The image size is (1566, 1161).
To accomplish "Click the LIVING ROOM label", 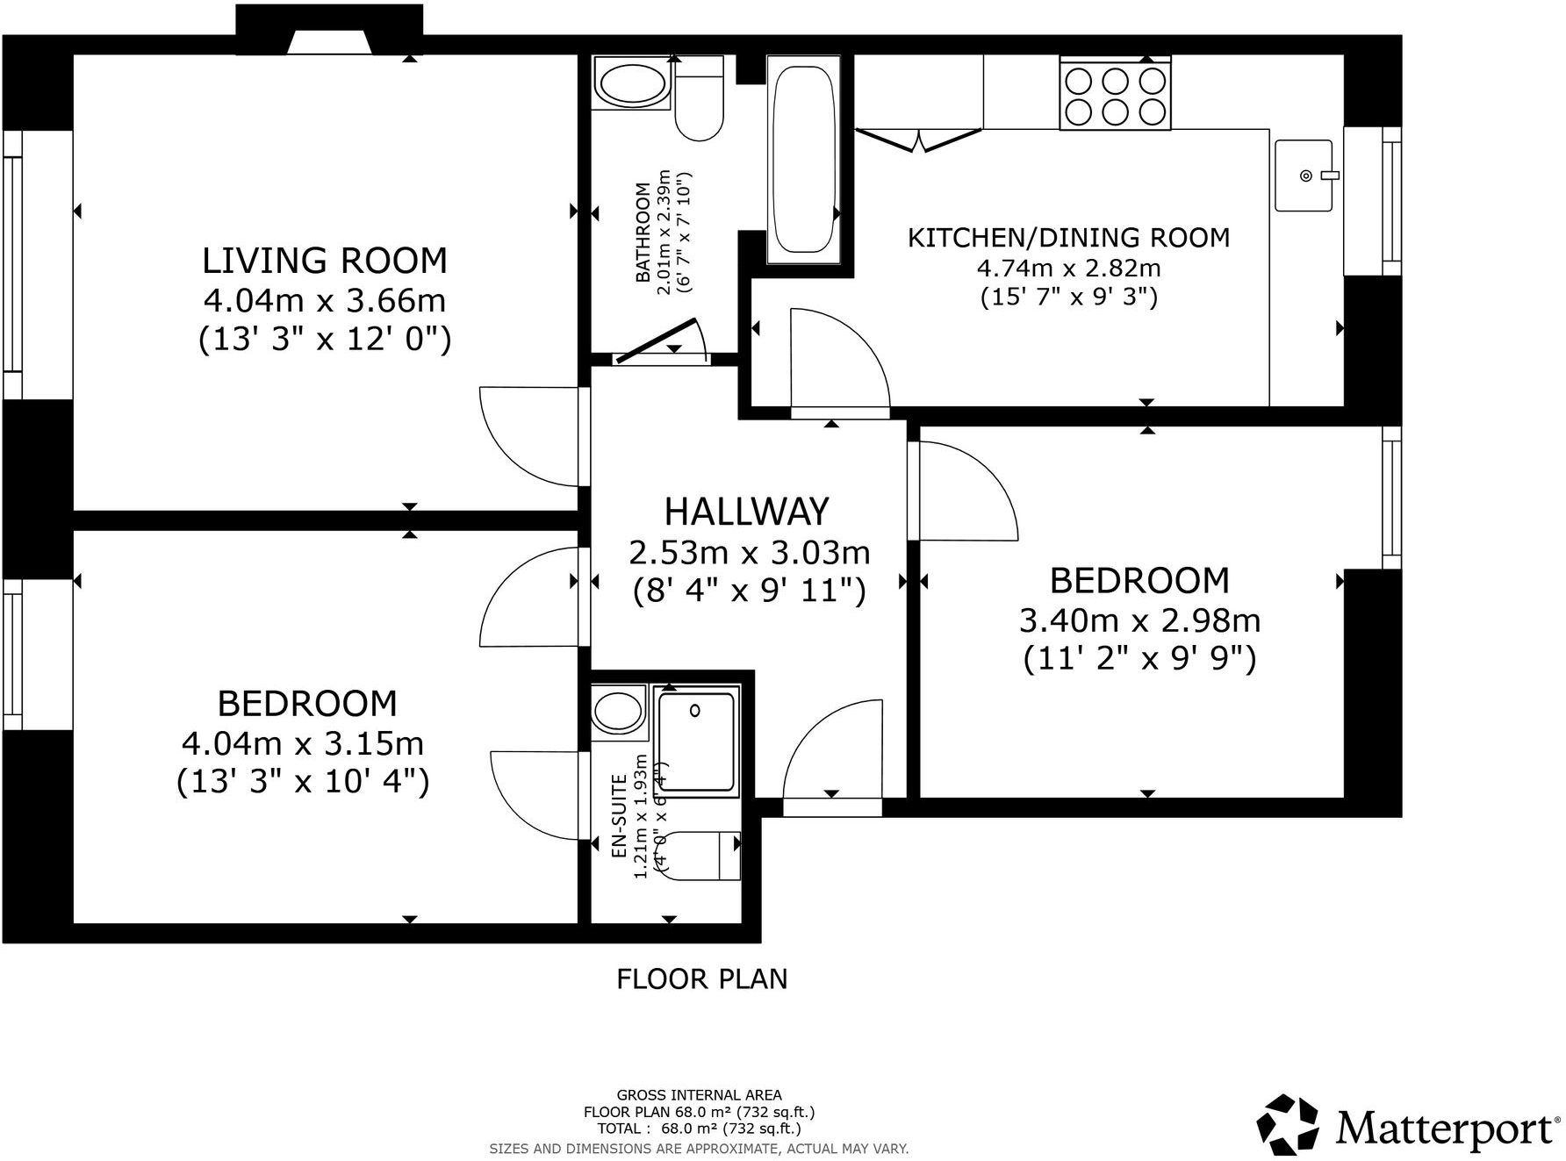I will click(324, 261).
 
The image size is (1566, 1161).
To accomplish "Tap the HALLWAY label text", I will click(746, 512).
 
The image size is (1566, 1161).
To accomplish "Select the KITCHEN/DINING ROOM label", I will click(1068, 238).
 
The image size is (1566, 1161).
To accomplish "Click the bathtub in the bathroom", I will click(801, 159).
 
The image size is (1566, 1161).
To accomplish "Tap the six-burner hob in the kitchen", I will click(1115, 96).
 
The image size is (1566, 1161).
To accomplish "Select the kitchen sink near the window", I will click(1303, 176).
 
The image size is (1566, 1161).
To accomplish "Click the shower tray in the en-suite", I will click(697, 742).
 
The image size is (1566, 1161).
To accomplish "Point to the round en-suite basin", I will click(619, 709).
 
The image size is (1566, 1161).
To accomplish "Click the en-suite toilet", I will click(701, 856).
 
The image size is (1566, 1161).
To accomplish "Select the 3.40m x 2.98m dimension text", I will click(1139, 620).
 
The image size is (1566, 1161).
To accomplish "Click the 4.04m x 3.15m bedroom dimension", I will click(303, 743).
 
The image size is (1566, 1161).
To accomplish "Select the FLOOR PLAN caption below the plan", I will click(701, 978).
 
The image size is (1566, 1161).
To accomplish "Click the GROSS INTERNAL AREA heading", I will click(699, 1094).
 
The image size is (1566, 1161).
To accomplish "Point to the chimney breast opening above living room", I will click(328, 42).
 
